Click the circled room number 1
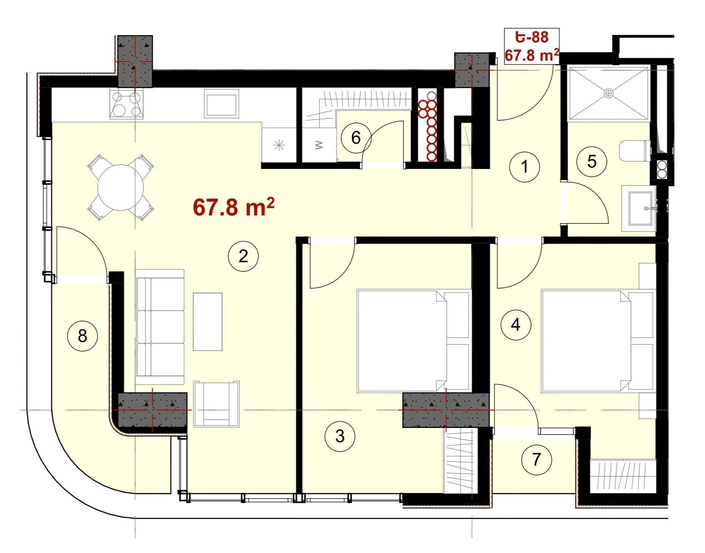[x=524, y=167]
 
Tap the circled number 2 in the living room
[x=243, y=256]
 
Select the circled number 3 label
[x=340, y=436]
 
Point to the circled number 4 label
[x=516, y=325]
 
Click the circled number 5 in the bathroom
[x=592, y=162]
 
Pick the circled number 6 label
[x=356, y=138]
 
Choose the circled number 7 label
[x=536, y=460]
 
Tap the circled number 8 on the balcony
[x=82, y=336]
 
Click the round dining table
[x=120, y=187]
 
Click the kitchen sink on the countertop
[x=221, y=104]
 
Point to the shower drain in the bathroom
[x=608, y=93]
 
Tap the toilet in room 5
[x=636, y=151]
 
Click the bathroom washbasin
[x=640, y=208]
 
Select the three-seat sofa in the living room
[x=160, y=327]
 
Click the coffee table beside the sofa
[x=208, y=321]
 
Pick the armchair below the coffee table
[x=216, y=404]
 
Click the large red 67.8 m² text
[x=234, y=207]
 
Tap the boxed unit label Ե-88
[x=532, y=37]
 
